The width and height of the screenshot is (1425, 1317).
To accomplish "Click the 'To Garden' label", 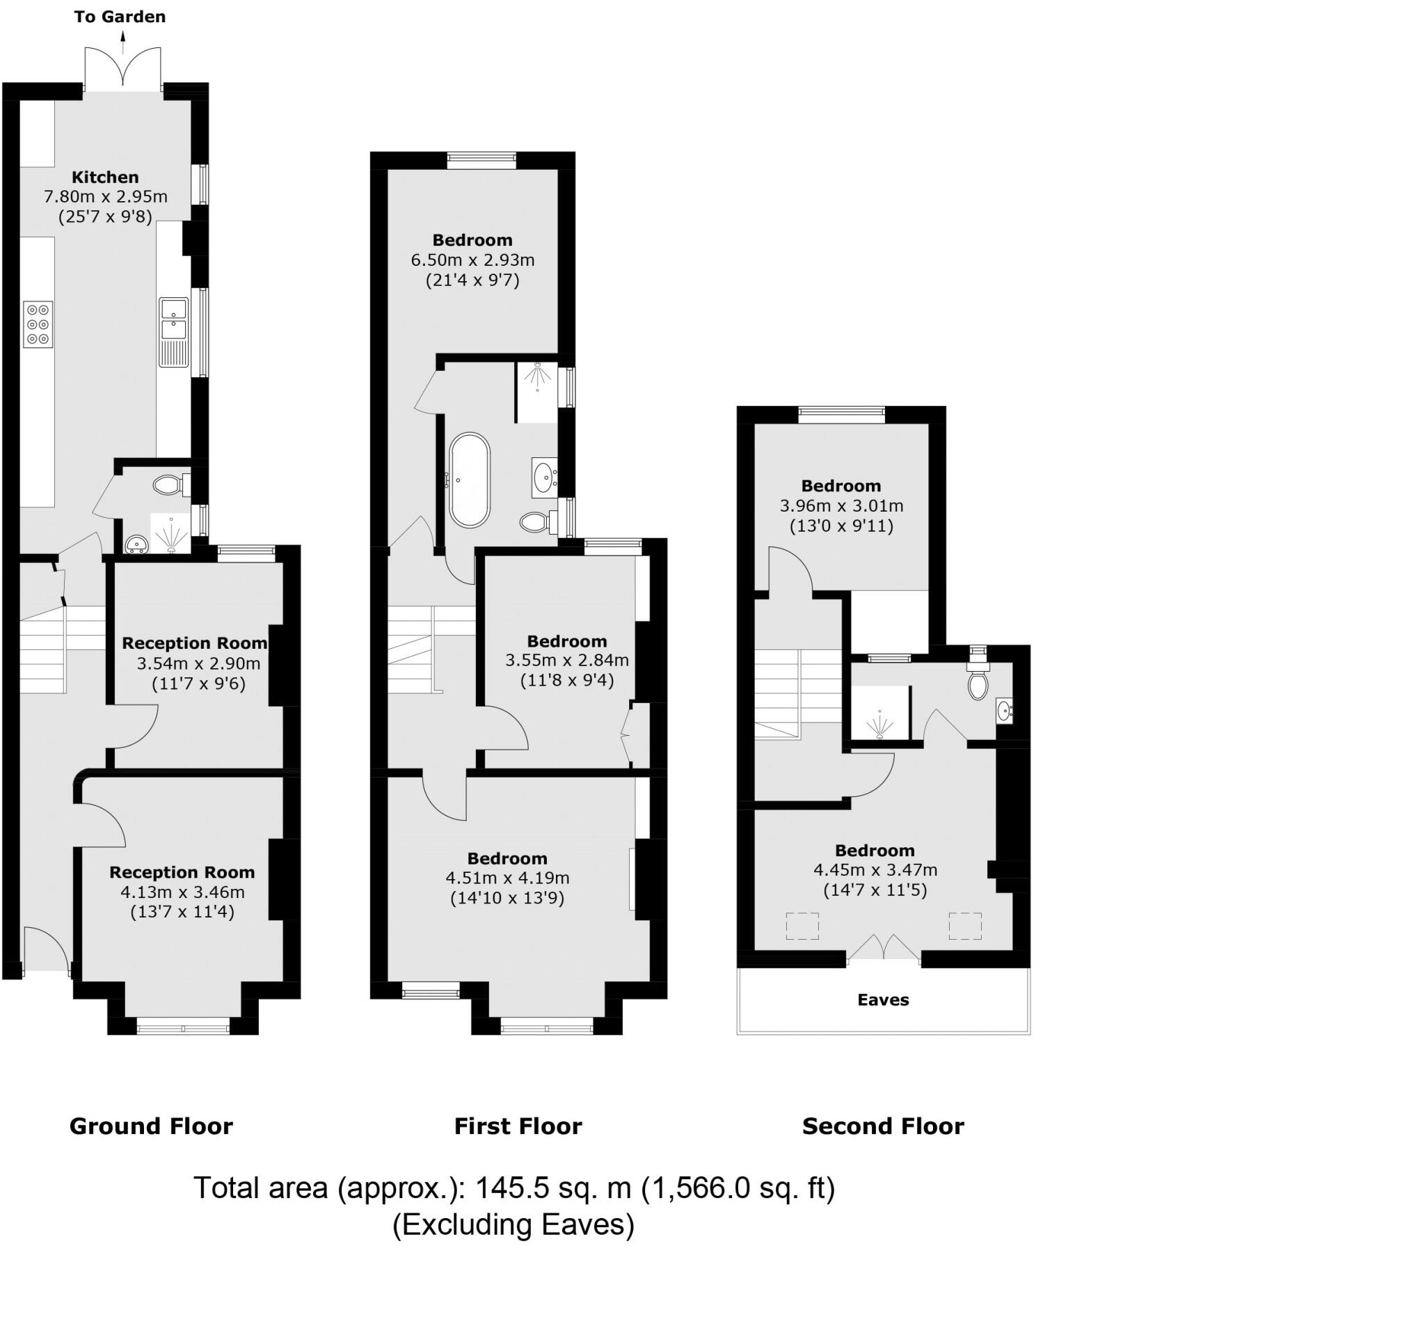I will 120,17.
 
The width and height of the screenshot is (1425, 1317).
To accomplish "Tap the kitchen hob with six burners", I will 38,324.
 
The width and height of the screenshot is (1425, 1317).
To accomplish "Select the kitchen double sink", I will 173,320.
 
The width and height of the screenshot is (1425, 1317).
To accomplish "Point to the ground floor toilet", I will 170,485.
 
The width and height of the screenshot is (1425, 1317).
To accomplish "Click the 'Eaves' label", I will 883,1000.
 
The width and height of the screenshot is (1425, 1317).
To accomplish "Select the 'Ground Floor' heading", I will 151,1126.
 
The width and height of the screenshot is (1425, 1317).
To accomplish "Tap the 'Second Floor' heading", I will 883,1126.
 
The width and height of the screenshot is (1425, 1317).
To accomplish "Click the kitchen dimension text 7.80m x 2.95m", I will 106,197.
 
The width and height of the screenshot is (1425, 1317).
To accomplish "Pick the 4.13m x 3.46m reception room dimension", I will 182,892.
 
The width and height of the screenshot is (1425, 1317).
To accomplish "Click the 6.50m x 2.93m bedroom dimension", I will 472,260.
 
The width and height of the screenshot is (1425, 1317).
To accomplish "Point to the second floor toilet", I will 978,684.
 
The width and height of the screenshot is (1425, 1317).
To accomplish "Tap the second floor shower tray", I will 881,714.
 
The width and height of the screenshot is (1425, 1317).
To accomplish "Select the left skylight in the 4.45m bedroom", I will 802,926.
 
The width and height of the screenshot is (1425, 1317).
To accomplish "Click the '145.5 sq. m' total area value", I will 553,1188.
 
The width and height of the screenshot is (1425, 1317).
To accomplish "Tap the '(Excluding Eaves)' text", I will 513,1224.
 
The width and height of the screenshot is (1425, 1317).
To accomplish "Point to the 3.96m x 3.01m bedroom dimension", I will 841,506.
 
